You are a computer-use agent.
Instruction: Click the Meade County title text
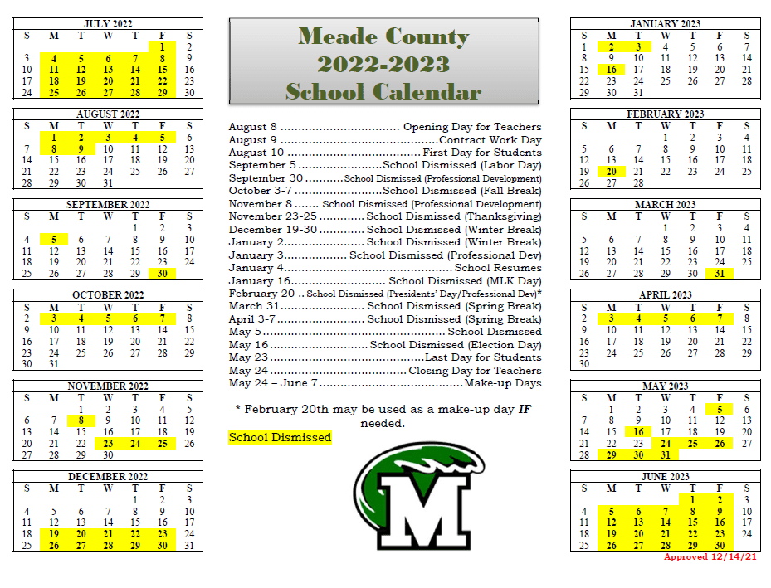point(383,36)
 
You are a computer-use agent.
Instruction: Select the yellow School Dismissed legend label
point(280,437)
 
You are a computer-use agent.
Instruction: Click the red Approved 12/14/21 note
point(711,557)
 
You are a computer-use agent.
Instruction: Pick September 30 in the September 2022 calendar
point(162,274)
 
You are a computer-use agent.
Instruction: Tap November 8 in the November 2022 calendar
point(81,420)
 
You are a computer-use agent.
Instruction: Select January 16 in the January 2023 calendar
point(611,70)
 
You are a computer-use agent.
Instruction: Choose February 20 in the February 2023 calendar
point(611,172)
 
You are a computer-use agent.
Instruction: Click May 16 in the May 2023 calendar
point(637,431)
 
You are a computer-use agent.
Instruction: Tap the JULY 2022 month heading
point(108,23)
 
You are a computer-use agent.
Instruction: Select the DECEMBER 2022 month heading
point(108,476)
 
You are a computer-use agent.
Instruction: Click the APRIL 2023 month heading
point(665,295)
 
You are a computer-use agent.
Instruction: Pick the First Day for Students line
point(384,153)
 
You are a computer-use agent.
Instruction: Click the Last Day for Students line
point(384,357)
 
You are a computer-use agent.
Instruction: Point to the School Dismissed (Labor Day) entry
point(384,165)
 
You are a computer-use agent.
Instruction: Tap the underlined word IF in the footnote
point(525,410)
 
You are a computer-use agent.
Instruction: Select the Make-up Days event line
point(384,383)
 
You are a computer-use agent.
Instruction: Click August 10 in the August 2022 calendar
point(108,149)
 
